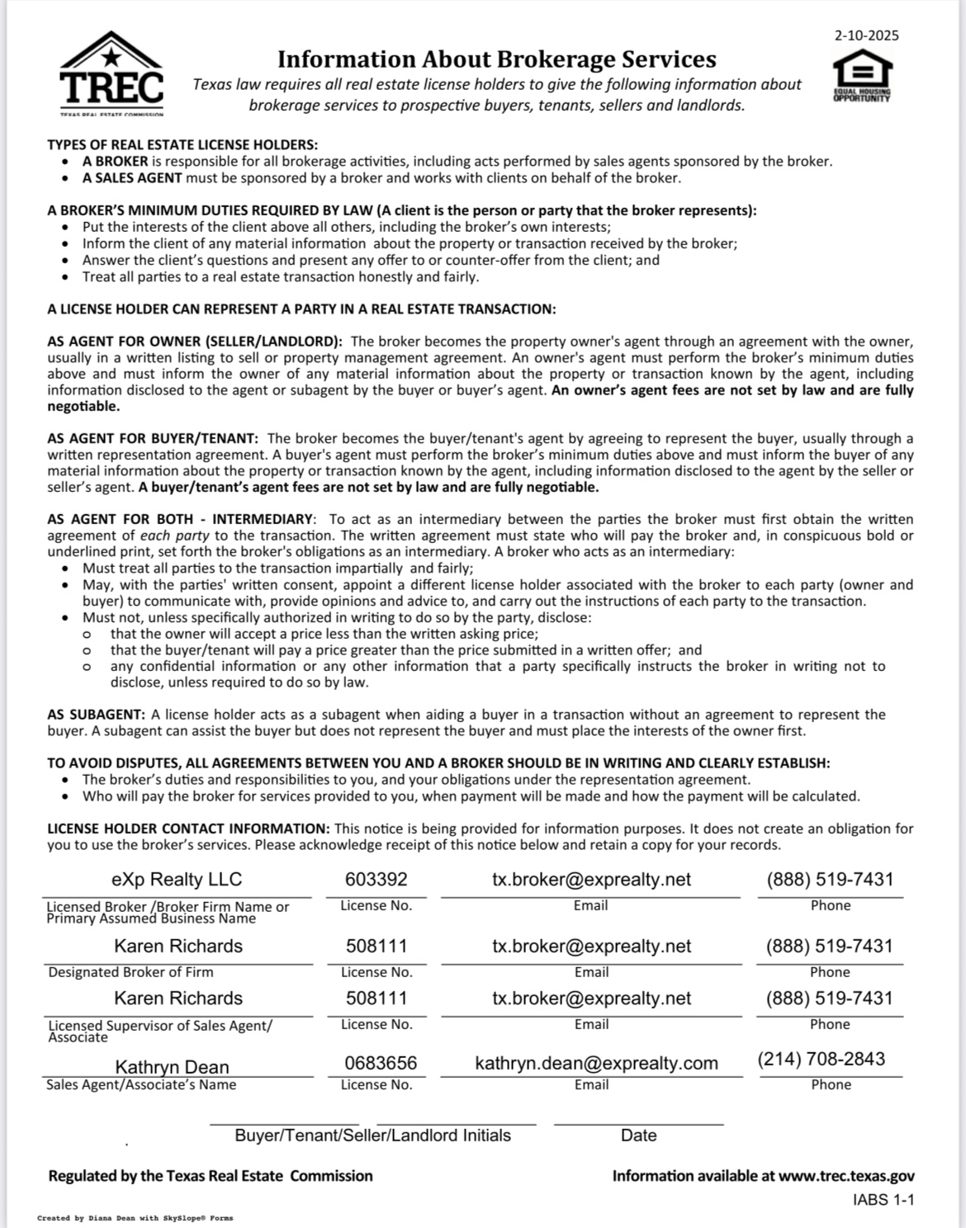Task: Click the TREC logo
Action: (112, 76)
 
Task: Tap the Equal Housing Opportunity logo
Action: (862, 75)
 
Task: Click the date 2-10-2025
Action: (866, 35)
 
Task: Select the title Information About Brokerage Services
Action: (496, 59)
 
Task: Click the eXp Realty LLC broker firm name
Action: (177, 880)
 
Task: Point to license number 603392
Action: (376, 880)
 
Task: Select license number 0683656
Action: (381, 1063)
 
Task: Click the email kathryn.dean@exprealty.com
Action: (596, 1063)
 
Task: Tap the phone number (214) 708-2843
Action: (822, 1059)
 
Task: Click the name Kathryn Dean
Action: (172, 1067)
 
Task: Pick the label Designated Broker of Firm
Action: (130, 972)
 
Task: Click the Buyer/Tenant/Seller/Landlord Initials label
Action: (372, 1136)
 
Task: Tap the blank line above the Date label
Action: (638, 1123)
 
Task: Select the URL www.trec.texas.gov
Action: (846, 1176)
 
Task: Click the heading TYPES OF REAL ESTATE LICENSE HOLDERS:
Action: (182, 145)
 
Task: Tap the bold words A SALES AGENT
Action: (132, 178)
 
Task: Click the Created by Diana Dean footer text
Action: (135, 1218)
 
